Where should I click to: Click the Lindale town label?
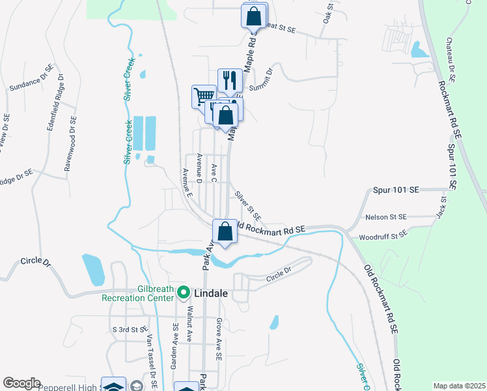(212, 294)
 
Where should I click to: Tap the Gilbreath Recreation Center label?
(138, 293)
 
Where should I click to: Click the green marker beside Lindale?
(183, 293)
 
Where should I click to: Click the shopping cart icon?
(204, 97)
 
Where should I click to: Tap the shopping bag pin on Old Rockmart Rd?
(225, 231)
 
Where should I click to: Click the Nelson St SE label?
(386, 216)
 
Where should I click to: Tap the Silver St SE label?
(248, 205)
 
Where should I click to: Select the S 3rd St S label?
(128, 330)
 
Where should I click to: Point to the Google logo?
(21, 383)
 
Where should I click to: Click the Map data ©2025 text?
(459, 385)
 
